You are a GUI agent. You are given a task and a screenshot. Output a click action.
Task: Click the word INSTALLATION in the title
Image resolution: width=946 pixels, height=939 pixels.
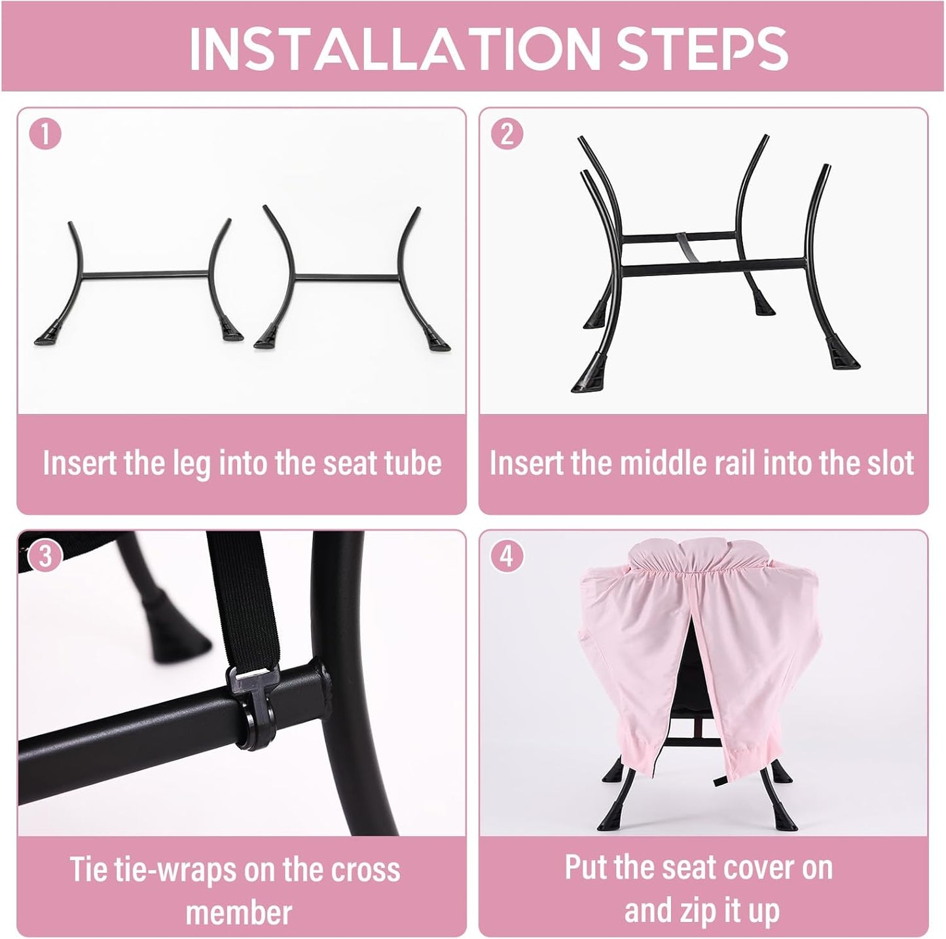(395, 48)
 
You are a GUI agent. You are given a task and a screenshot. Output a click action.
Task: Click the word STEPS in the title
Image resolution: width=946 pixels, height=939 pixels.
(703, 48)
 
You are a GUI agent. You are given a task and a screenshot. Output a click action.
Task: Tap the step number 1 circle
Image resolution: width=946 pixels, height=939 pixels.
(45, 134)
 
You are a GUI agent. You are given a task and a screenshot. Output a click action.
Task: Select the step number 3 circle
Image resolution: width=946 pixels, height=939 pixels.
(45, 556)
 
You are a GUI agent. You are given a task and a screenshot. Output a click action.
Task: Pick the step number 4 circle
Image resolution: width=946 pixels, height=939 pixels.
(507, 556)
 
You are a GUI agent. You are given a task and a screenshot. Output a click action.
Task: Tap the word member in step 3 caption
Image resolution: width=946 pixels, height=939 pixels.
(238, 912)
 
